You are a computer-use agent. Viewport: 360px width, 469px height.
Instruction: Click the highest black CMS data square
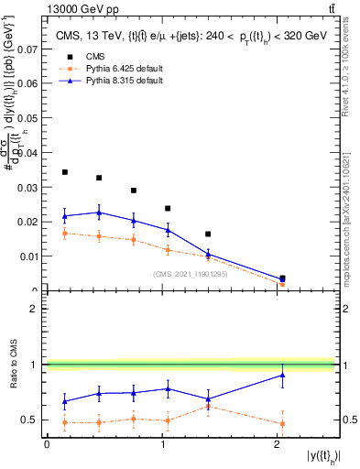pos(64,172)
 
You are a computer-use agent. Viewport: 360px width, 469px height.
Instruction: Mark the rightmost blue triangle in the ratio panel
pos(282,375)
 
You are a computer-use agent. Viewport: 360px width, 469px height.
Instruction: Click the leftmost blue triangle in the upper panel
pos(64,216)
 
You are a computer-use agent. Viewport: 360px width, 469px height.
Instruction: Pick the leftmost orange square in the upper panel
pos(64,233)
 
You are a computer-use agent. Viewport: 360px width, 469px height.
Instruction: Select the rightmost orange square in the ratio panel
pos(282,423)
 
